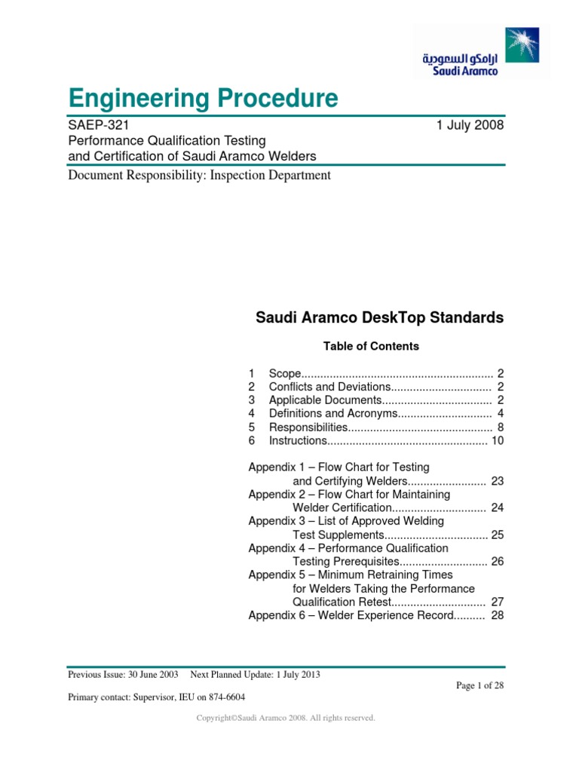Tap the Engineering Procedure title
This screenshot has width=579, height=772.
click(x=203, y=98)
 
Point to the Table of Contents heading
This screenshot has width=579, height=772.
click(x=371, y=346)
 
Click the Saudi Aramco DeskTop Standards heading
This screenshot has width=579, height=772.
click(x=380, y=318)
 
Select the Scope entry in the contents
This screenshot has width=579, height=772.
click(x=286, y=374)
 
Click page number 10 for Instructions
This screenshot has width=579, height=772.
click(x=497, y=440)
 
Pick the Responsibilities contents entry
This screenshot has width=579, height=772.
click(x=308, y=427)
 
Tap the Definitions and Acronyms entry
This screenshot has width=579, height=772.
click(x=332, y=413)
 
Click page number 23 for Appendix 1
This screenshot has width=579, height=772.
click(x=497, y=481)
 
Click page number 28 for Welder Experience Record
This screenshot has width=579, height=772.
click(x=497, y=615)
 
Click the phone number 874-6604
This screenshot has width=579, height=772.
click(x=223, y=697)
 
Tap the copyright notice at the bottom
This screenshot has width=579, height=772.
click(x=286, y=718)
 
